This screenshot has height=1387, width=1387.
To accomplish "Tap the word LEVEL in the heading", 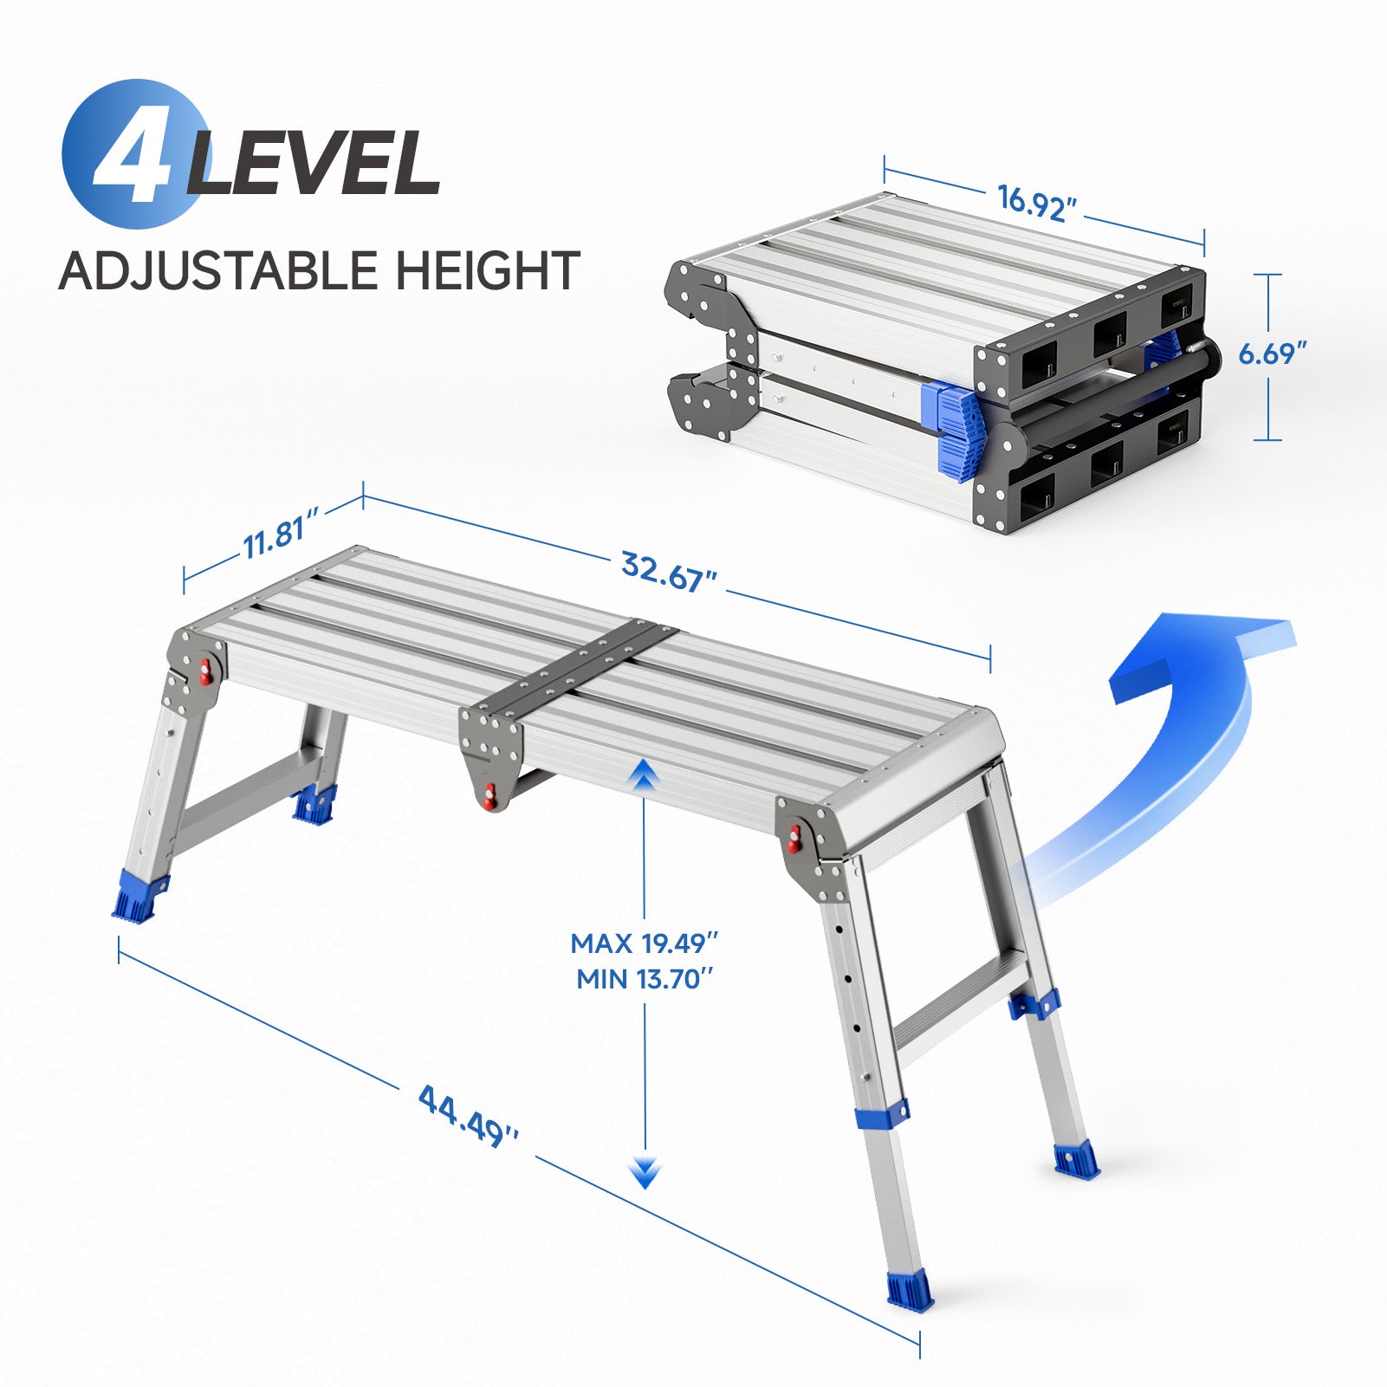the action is tap(314, 163).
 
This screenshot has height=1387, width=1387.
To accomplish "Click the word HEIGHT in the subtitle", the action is tap(488, 270).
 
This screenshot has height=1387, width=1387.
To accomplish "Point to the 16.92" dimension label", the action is tap(1037, 203).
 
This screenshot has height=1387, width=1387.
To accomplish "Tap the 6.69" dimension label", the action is tap(1272, 353).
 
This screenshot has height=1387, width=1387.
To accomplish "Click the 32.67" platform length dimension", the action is tap(669, 572).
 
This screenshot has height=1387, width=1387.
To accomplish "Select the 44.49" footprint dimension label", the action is tap(469, 1115).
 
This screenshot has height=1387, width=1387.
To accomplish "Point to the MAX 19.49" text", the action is tap(645, 943).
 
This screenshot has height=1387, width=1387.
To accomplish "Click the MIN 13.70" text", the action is tap(645, 980).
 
